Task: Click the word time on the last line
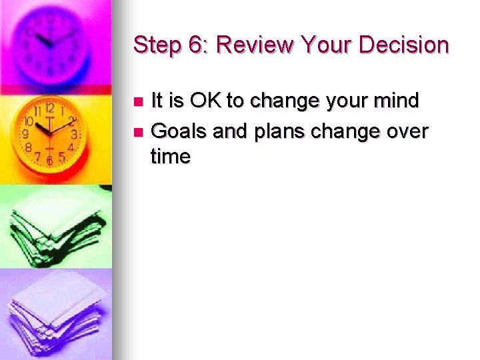tap(171, 157)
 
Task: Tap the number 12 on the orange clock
tap(49, 108)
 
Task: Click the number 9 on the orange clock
tap(26, 133)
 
